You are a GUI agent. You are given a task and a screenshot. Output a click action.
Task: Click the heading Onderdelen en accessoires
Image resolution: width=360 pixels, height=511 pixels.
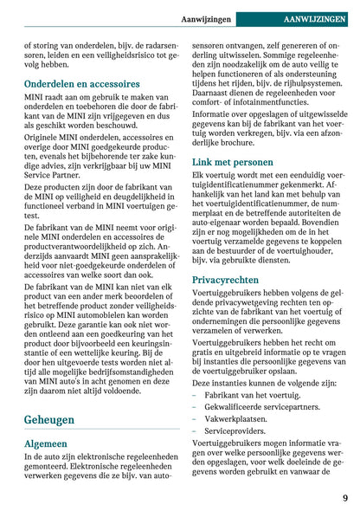(x=82, y=84)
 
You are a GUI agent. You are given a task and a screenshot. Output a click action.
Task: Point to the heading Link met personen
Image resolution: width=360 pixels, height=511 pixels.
(x=232, y=161)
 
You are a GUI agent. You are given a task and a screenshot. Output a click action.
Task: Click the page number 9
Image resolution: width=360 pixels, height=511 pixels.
(x=344, y=498)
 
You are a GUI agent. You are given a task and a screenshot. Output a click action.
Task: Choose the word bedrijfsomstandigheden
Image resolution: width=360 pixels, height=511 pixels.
(x=116, y=370)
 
